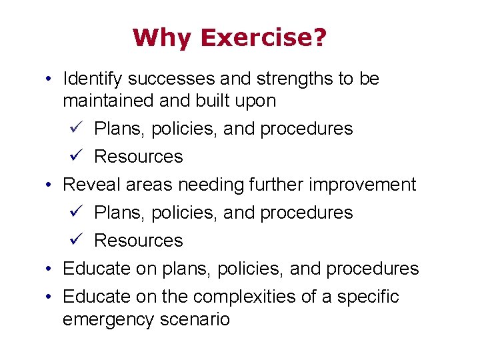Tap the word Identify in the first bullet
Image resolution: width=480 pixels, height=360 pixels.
tap(92, 79)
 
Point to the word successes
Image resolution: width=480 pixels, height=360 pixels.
tap(170, 79)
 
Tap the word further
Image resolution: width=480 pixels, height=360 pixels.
tap(269, 184)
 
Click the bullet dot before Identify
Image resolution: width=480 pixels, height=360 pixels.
tap(50, 79)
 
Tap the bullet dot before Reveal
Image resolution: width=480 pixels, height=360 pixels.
tap(50, 185)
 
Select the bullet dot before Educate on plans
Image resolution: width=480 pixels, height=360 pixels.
tap(50, 269)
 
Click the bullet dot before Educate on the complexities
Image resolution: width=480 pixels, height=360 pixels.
tap(50, 297)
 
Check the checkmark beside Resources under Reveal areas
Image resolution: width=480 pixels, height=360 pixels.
tap(75, 240)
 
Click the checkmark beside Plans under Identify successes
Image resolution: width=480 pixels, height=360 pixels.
tap(75, 128)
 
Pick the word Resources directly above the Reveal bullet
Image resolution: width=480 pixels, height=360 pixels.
tap(139, 157)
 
